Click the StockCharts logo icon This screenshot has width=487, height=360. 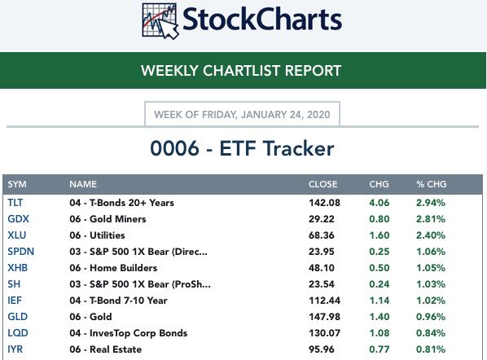160,21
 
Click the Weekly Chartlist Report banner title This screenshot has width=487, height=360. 241,71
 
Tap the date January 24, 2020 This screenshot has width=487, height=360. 285,115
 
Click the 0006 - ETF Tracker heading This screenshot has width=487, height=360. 242,148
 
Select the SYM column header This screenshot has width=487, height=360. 17,184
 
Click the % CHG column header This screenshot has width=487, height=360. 432,184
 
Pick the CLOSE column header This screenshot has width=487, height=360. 322,184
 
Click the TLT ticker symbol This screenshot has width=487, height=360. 15,203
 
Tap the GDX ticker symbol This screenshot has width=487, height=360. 19,218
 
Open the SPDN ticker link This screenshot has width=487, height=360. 21,252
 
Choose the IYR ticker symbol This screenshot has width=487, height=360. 15,349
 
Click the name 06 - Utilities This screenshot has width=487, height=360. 97,235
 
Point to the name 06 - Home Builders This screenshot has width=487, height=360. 113,268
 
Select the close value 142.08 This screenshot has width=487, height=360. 324,203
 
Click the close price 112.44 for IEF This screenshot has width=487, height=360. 324,301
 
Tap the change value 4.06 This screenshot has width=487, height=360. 380,203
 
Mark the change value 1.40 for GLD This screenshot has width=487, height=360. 380,317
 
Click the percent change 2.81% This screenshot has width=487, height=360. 431,218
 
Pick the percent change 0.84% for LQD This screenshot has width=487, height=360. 431,333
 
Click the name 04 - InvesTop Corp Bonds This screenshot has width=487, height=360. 129,333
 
